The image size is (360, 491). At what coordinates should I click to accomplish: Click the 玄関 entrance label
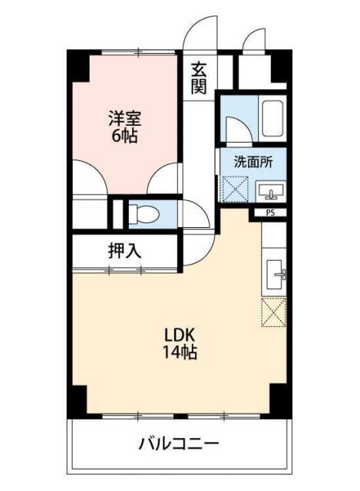(x=199, y=77)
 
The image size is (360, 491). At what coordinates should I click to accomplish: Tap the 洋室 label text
(x=124, y=119)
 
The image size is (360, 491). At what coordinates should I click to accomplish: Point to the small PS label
(x=270, y=213)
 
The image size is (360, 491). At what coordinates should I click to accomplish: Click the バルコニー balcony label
(x=179, y=443)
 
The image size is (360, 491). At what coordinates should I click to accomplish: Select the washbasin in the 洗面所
(x=270, y=190)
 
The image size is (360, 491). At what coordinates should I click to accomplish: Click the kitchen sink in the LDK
(x=276, y=272)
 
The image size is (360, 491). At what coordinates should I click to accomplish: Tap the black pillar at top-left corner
(x=78, y=64)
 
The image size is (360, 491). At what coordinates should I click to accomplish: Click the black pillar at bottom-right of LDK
(x=277, y=398)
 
